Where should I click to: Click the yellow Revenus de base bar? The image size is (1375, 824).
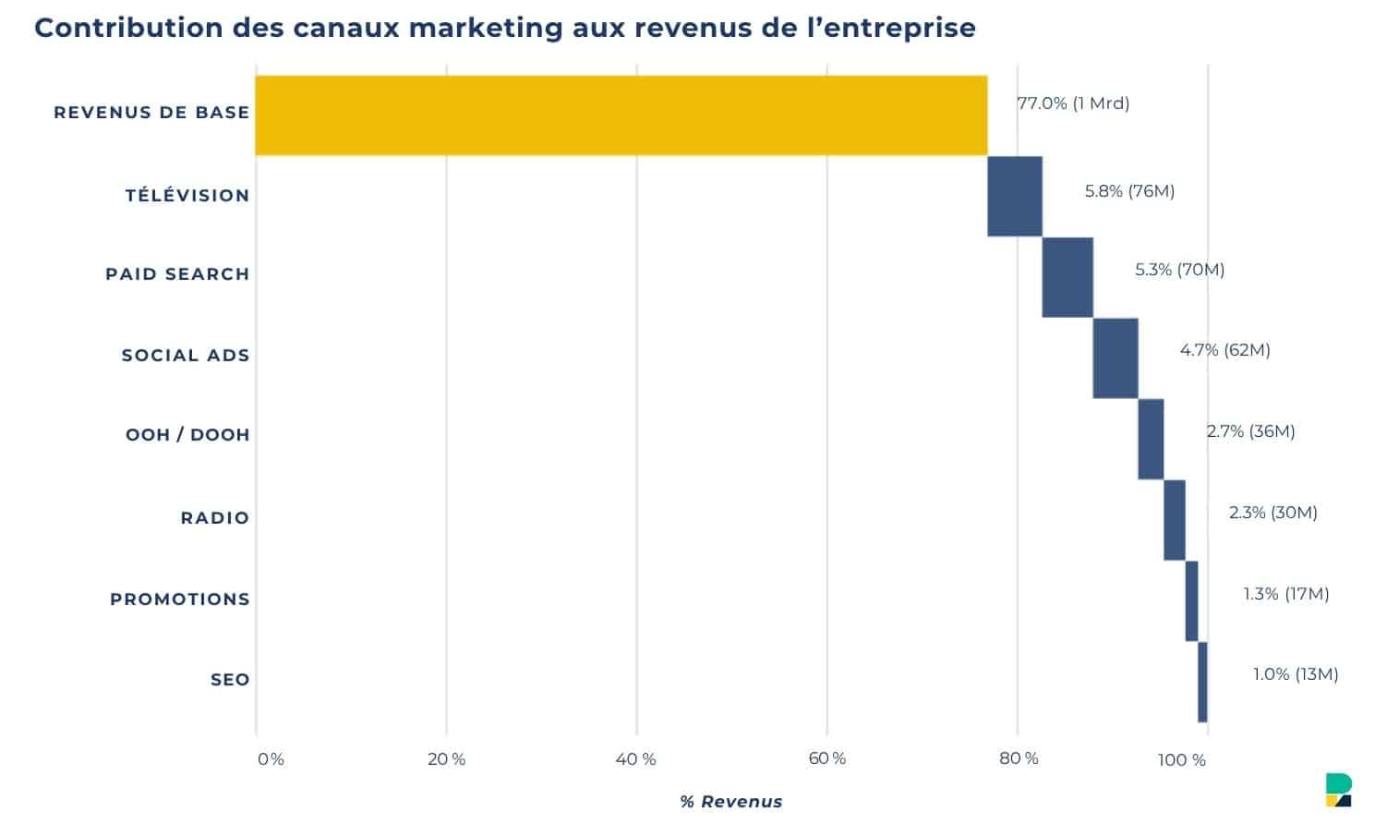click(621, 115)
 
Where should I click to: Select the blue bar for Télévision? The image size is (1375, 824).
click(1014, 196)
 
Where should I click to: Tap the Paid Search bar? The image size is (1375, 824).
click(1067, 277)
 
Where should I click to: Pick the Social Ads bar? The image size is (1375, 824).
click(1115, 357)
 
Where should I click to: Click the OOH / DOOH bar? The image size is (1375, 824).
click(1150, 439)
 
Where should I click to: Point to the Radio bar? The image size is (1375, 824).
click(1174, 519)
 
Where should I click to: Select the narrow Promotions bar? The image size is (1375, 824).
click(1191, 600)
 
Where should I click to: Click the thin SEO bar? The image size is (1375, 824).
click(1201, 682)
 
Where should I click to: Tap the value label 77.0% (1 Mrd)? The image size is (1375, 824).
click(1073, 103)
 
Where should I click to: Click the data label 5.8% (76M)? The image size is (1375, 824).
click(1129, 191)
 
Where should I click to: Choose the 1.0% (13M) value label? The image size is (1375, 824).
click(1295, 674)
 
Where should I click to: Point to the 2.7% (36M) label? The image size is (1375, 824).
click(1250, 431)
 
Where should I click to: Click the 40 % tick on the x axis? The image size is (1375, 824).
click(635, 759)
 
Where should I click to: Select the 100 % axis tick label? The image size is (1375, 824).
click(1181, 760)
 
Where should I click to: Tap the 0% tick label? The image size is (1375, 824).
click(271, 759)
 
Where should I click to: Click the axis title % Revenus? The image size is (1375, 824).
click(730, 802)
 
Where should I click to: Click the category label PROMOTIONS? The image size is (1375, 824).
click(180, 600)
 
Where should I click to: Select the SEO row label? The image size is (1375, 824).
click(230, 680)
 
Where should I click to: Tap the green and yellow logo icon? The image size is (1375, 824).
click(1338, 790)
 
